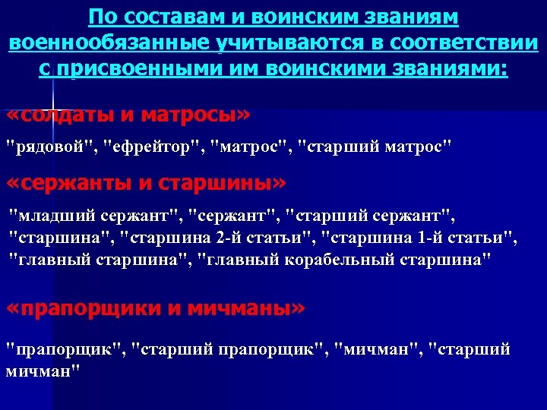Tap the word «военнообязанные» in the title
pyautogui.click(x=106, y=43)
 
